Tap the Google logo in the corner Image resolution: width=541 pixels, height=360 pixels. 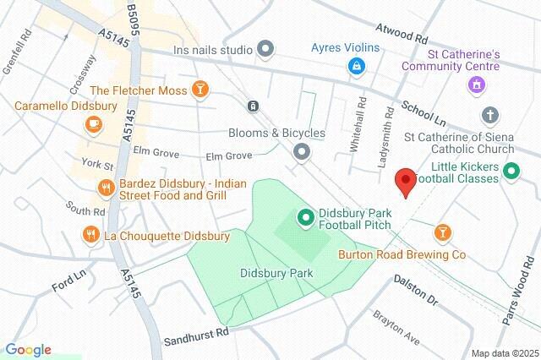(28, 350)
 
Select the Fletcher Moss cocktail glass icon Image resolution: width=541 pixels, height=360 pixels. (199, 89)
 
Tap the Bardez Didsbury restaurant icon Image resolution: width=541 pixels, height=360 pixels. (106, 188)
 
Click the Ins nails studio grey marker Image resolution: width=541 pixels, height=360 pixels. (265, 49)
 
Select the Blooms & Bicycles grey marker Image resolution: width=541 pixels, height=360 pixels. (301, 152)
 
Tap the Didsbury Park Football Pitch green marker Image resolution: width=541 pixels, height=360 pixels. (305, 218)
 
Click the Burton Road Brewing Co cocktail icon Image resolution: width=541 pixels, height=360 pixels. (442, 232)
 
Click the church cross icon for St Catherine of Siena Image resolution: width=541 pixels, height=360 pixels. (489, 114)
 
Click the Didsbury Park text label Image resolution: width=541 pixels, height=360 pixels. (276, 273)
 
